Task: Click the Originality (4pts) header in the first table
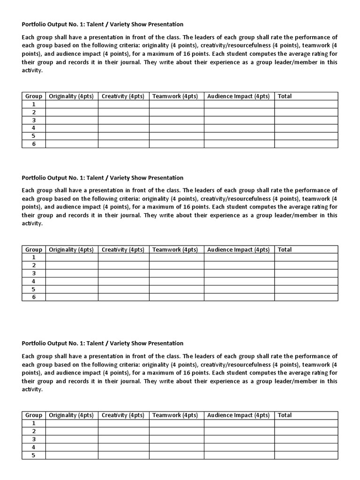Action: click(x=71, y=96)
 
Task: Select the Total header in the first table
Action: click(x=285, y=96)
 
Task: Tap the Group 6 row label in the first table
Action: click(x=34, y=144)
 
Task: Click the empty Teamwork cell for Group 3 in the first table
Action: click(x=176, y=120)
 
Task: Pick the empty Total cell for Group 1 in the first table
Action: click(x=306, y=104)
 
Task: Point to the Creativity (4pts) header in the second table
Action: click(x=123, y=249)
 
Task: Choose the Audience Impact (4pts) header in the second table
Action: click(x=239, y=249)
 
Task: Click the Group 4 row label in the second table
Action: click(x=34, y=281)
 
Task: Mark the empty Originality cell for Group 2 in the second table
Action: click(x=72, y=265)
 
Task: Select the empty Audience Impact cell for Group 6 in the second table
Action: click(x=239, y=297)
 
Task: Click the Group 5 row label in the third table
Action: click(x=34, y=455)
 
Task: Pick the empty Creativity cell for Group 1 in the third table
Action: click(x=123, y=423)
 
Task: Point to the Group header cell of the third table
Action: click(x=34, y=415)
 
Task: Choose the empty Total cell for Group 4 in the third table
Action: click(x=306, y=447)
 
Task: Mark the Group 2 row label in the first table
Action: click(x=34, y=112)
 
